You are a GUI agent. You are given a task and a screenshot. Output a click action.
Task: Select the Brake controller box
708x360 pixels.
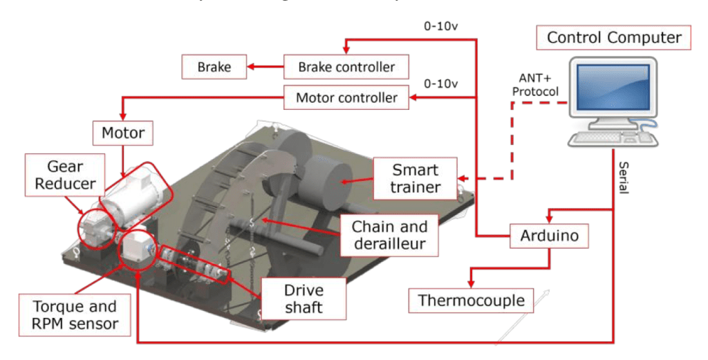[x=346, y=67]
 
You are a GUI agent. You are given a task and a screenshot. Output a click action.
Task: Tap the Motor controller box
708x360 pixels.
[x=346, y=97]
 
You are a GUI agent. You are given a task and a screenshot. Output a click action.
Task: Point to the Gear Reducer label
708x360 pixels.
[x=66, y=176]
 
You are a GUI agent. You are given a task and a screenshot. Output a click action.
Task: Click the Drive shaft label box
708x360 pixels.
[x=304, y=298]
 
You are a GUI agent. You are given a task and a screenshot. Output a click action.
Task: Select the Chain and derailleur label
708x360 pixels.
[x=389, y=235]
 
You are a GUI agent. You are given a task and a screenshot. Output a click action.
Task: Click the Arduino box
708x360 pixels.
[x=549, y=236]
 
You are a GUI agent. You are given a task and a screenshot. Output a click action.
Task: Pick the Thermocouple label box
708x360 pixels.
[x=472, y=301]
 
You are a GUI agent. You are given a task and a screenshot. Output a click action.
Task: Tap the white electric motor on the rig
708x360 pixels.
[x=135, y=200]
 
